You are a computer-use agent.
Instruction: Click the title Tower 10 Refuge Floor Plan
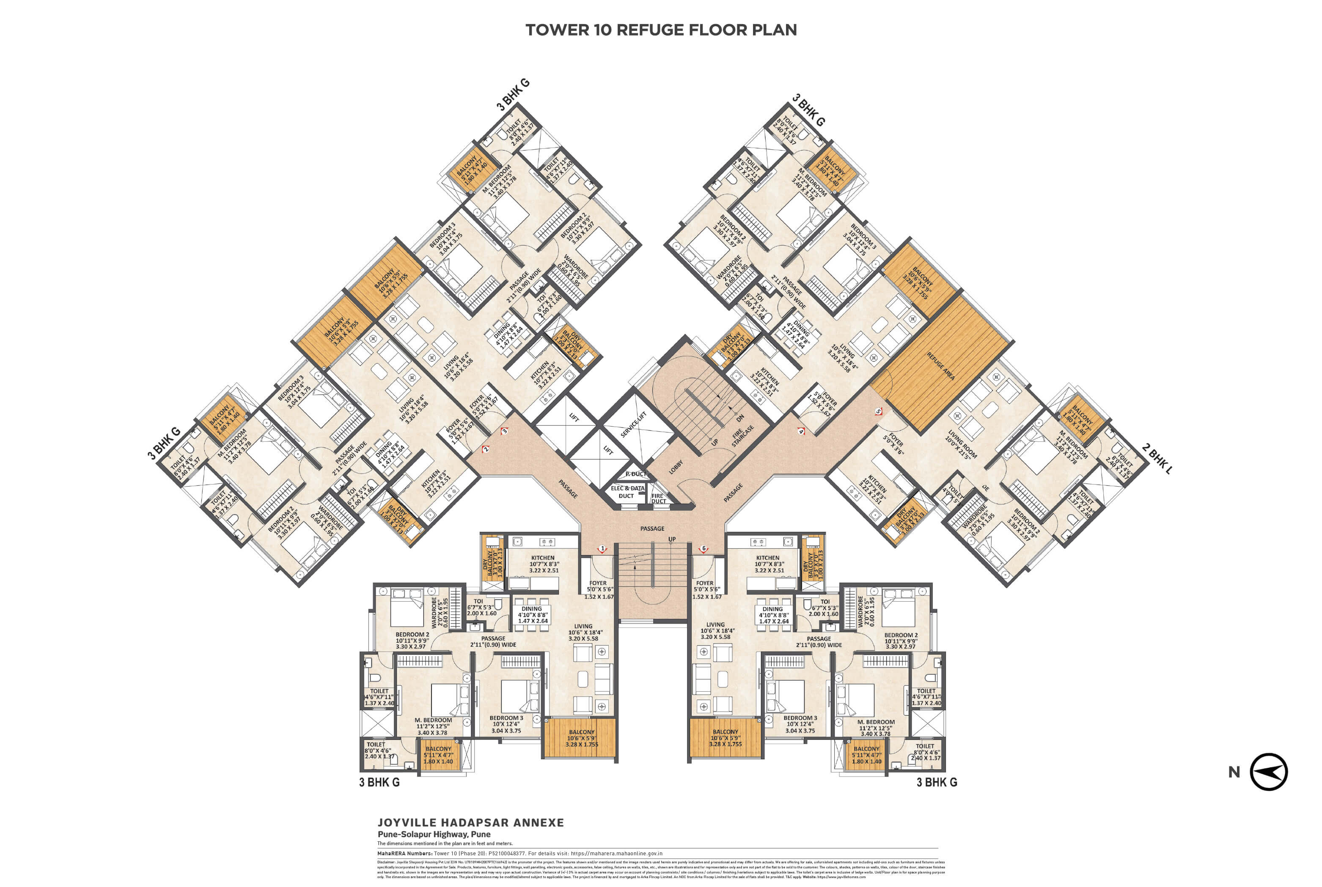660,30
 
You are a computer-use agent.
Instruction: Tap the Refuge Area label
940,366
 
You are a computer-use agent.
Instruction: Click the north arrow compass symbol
1269,772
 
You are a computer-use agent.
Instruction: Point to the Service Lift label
633,424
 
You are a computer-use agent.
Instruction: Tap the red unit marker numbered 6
704,548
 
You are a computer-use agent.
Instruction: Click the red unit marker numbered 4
801,431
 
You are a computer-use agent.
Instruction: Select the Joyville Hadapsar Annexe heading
470,822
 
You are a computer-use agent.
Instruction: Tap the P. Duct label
635,474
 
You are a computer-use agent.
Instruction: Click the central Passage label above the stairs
652,528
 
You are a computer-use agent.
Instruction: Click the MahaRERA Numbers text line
519,854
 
